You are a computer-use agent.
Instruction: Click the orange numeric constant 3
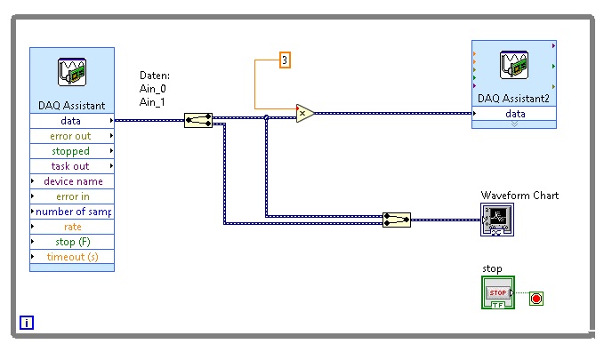[x=285, y=60]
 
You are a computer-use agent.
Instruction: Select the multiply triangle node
[x=304, y=113]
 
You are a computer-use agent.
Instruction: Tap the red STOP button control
[x=497, y=292]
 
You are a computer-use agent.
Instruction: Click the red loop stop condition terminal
[x=535, y=298]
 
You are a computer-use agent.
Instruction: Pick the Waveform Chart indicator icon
[x=496, y=219]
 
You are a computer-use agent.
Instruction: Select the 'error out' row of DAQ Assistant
[x=71, y=136]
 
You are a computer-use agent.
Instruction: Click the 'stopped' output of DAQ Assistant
[x=71, y=151]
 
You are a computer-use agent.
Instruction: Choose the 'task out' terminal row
[x=71, y=166]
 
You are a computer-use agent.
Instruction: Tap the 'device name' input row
[x=71, y=181]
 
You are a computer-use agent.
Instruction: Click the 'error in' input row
[x=71, y=196]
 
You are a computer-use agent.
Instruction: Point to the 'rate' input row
[x=71, y=227]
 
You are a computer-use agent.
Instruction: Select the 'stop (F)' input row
[x=71, y=242]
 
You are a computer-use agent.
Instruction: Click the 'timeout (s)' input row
[x=71, y=257]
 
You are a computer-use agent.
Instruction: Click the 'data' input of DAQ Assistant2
[x=514, y=114]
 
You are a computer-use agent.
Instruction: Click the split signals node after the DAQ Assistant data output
[x=198, y=120]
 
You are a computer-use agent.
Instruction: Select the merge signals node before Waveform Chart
[x=397, y=220]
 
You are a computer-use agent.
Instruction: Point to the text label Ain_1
[x=153, y=102]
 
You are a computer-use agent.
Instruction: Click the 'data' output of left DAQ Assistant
[x=71, y=121]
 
